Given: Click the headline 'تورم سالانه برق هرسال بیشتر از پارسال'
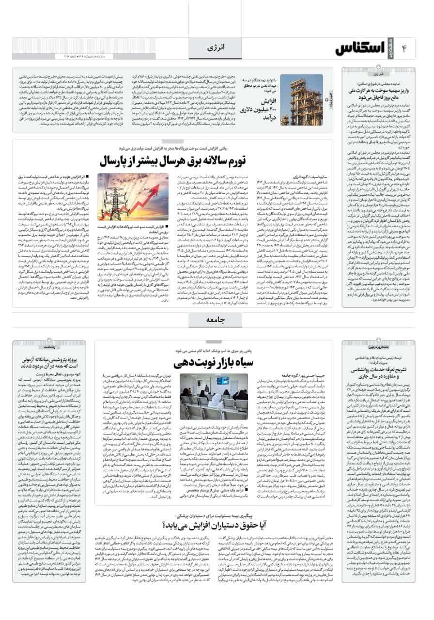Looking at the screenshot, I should [x=173, y=160].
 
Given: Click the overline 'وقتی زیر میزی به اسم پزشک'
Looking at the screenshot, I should [x=212, y=350].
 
